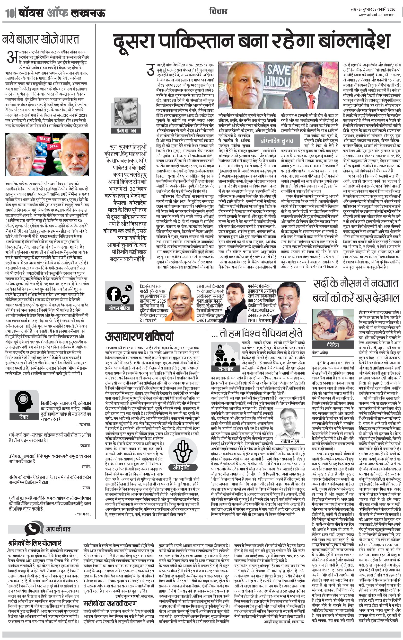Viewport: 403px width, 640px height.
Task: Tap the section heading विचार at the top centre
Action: point(218,11)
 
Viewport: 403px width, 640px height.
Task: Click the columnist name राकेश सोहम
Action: point(290,441)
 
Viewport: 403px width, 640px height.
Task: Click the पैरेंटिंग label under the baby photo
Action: point(333,345)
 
